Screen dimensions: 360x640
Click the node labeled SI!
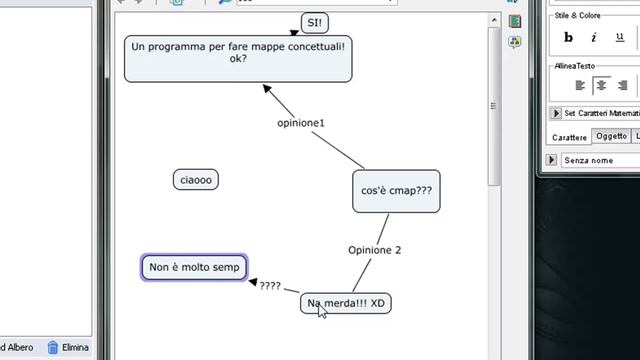(x=315, y=22)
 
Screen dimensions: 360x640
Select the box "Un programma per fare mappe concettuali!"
(x=238, y=57)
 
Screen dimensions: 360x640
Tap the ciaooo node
(x=196, y=180)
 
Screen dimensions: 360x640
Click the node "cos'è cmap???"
(x=396, y=190)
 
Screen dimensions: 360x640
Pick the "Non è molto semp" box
(x=194, y=268)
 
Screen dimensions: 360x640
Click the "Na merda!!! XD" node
(x=346, y=303)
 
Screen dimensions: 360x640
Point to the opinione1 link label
(x=301, y=123)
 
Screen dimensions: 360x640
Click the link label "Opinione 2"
(x=375, y=250)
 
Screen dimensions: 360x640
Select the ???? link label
(x=270, y=286)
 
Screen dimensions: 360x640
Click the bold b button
(x=569, y=38)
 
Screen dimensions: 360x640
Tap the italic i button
(x=593, y=38)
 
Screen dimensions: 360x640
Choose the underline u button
(x=621, y=38)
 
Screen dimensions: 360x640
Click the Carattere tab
(x=569, y=137)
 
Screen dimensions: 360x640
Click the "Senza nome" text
(x=588, y=160)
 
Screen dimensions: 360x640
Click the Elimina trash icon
(x=53, y=348)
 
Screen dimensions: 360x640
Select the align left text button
(x=579, y=86)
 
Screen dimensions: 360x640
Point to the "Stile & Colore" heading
(x=577, y=16)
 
